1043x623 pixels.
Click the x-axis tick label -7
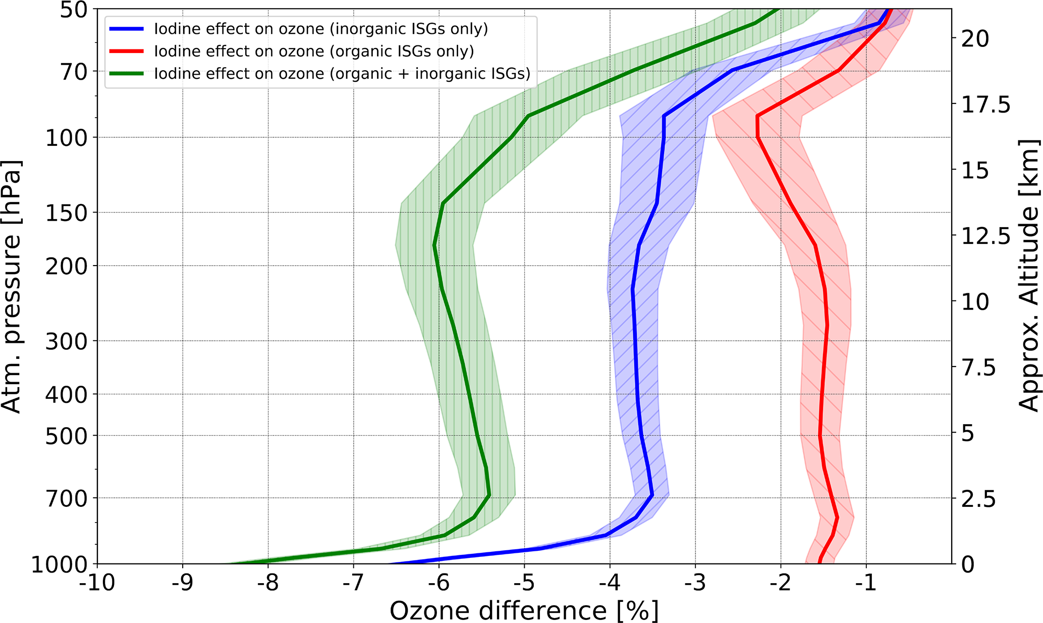(353, 583)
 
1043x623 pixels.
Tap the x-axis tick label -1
(866, 583)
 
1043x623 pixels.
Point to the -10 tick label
(96, 583)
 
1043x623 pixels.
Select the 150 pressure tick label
(66, 213)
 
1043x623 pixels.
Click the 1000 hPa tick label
(60, 564)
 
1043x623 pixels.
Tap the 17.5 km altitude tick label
(987, 105)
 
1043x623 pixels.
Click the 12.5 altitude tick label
(987, 236)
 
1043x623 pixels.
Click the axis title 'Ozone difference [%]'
(524, 610)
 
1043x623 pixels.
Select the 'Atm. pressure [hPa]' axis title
(12, 287)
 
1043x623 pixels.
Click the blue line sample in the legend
(126, 29)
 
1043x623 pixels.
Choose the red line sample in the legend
(126, 51)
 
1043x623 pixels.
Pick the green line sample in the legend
(126, 73)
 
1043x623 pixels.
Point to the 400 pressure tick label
(66, 395)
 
